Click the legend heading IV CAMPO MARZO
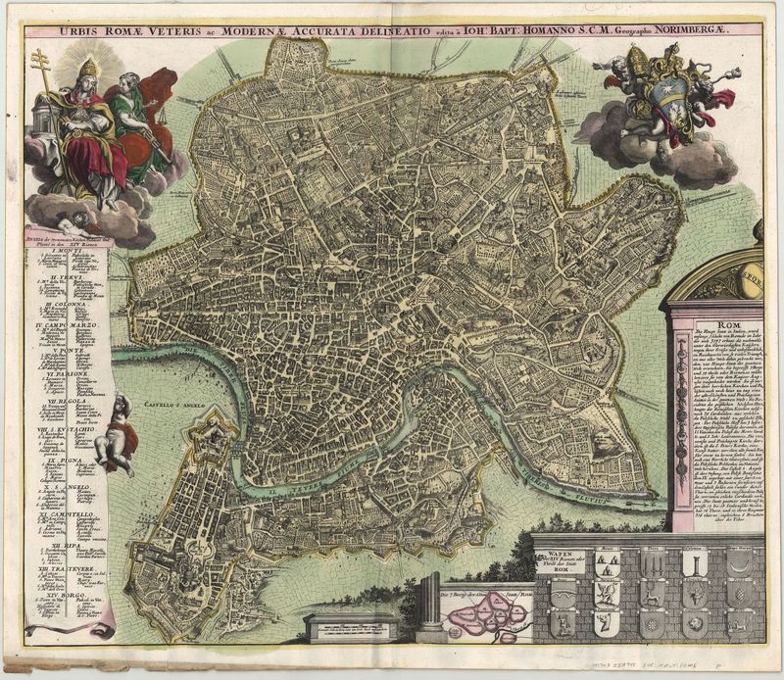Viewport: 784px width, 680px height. pos(70,324)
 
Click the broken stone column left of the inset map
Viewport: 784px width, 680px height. pos(429,607)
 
